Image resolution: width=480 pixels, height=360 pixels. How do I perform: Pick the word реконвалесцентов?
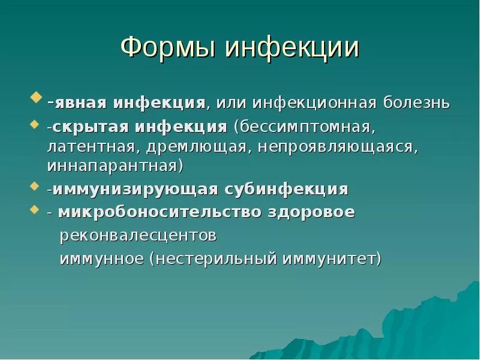[137, 236]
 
